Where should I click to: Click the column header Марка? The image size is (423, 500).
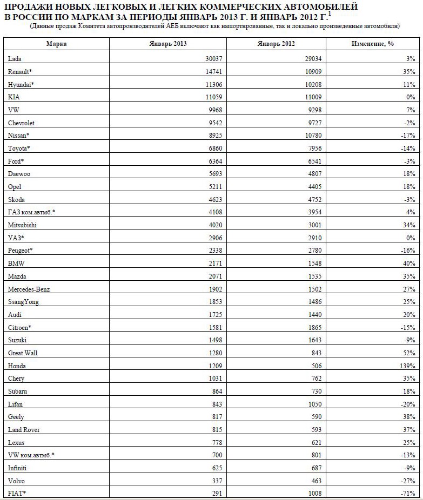(x=56, y=44)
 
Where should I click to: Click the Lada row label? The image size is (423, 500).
(x=15, y=58)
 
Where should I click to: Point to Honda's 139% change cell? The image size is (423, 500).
(x=407, y=366)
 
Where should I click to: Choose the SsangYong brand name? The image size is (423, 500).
(x=24, y=302)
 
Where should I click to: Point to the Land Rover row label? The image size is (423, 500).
(x=24, y=430)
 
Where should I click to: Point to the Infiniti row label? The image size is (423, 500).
(x=19, y=468)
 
